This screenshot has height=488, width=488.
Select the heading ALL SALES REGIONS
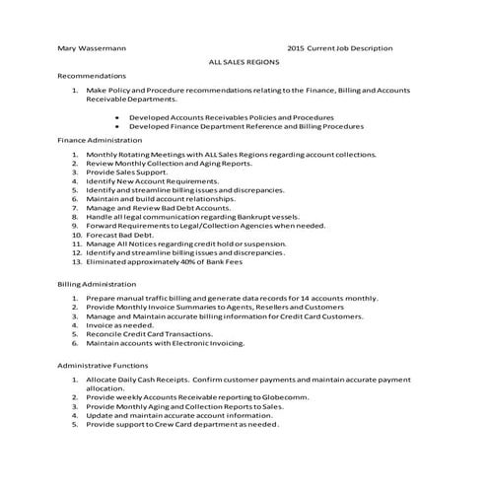(244, 61)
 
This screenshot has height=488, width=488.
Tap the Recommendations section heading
(92, 76)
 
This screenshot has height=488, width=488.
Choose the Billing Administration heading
(97, 283)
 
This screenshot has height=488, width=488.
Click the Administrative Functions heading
(104, 365)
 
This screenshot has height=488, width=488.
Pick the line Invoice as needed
(119, 324)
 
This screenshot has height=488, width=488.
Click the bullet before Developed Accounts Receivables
(117, 117)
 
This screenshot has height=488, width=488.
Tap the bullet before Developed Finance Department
(117, 126)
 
